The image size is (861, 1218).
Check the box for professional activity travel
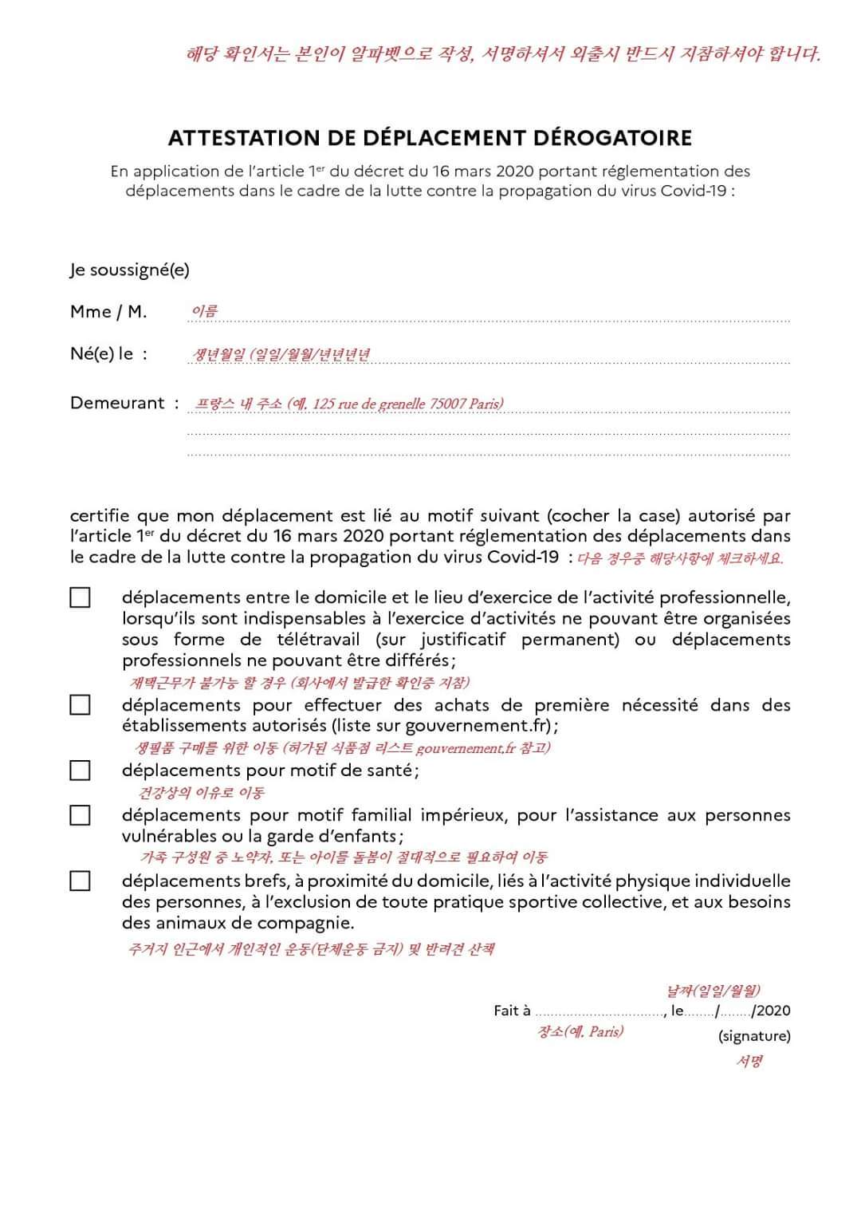(x=80, y=597)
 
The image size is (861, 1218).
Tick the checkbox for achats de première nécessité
(x=80, y=705)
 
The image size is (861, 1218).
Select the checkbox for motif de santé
(x=80, y=771)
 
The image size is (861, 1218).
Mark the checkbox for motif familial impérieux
(x=80, y=815)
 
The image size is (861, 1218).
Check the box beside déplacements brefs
(x=80, y=881)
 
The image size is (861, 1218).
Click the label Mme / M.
(x=108, y=312)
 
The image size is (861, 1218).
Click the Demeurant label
(x=117, y=403)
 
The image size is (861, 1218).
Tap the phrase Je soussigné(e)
(x=129, y=270)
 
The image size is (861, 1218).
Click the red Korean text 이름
(x=204, y=311)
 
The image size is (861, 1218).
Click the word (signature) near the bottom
(x=754, y=1036)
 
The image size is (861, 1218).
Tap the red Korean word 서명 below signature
(x=749, y=1062)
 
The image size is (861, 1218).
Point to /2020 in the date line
(x=771, y=1011)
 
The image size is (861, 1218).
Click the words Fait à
(x=512, y=1011)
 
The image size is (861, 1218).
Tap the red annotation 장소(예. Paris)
(x=580, y=1031)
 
